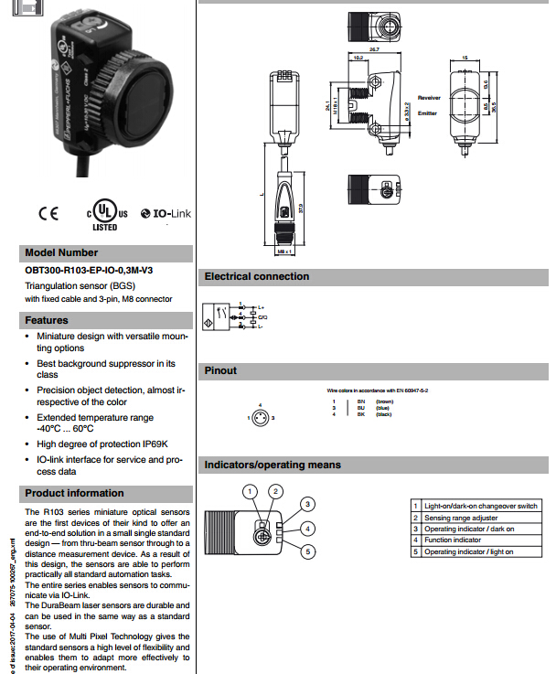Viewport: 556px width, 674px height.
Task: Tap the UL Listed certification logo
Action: [x=102, y=212]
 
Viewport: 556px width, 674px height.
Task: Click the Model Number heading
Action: [x=61, y=252]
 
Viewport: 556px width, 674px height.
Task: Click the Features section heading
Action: [x=48, y=320]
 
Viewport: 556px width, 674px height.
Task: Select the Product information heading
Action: [x=75, y=493]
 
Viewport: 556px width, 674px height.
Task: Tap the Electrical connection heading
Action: [x=257, y=276]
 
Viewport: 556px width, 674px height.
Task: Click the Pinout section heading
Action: [x=220, y=370]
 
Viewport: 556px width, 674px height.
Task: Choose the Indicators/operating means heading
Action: [x=273, y=465]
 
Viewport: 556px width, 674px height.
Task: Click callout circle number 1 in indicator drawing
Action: [x=250, y=491]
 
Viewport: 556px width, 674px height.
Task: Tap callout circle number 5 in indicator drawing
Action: [x=308, y=551]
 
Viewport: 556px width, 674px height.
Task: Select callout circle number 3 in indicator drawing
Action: [x=308, y=504]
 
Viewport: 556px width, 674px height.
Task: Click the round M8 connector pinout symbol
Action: [x=261, y=417]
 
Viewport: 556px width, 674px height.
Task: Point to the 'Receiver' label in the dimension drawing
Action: [x=430, y=97]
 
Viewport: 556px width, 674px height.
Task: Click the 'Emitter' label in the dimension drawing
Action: [x=427, y=113]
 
